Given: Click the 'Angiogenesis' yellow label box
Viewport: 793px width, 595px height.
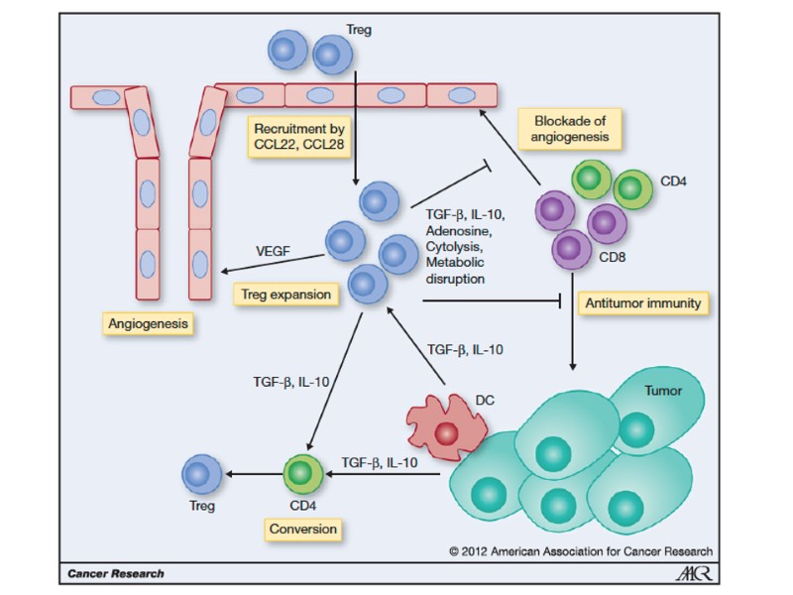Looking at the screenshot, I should [x=150, y=323].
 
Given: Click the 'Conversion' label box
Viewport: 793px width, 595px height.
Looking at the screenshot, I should [x=303, y=529].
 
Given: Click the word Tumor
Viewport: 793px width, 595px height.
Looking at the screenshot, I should [x=663, y=390].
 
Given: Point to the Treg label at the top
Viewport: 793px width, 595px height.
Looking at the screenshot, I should [x=360, y=32].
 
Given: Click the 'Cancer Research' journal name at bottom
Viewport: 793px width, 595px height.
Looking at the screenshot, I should [x=116, y=573].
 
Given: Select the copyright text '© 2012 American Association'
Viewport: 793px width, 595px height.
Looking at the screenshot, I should [x=580, y=551].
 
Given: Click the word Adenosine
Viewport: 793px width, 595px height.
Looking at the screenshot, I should [x=454, y=230].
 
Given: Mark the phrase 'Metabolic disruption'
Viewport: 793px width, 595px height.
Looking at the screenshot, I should [x=455, y=271].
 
